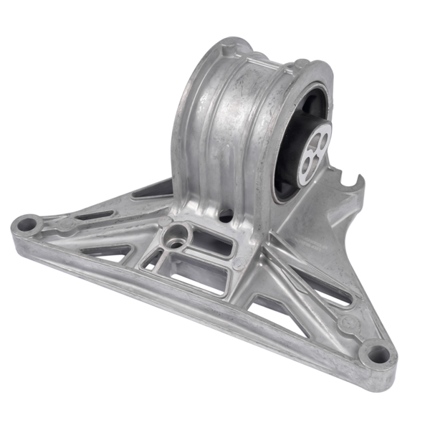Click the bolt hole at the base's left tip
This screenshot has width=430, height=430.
click(x=27, y=224)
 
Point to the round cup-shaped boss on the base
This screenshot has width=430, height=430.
click(x=174, y=235)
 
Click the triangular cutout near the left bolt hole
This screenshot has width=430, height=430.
click(x=107, y=251)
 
